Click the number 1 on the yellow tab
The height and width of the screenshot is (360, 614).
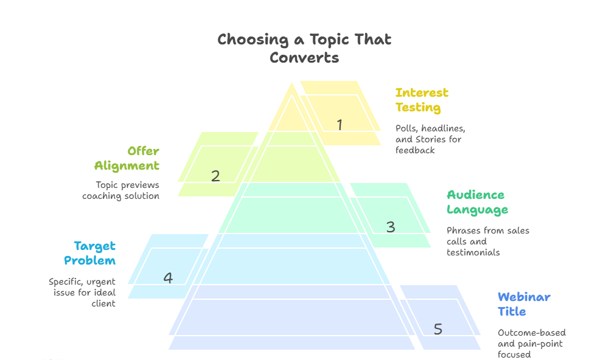tap(340, 125)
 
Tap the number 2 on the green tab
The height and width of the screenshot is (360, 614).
tap(215, 176)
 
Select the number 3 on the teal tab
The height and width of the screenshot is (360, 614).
tap(391, 227)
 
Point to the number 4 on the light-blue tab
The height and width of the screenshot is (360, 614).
tap(168, 278)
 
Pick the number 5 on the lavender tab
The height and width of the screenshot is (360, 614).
tap(438, 329)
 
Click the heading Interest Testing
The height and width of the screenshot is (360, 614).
tap(422, 100)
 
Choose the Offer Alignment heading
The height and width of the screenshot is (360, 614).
tap(127, 158)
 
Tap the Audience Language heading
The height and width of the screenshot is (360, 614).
tap(477, 202)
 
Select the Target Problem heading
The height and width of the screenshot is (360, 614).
tap(90, 254)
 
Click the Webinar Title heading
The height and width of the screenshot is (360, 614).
tap(524, 304)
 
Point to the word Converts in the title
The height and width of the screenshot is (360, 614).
tap(304, 58)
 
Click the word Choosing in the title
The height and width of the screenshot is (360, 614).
tap(253, 40)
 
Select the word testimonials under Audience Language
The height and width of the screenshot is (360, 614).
tap(473, 252)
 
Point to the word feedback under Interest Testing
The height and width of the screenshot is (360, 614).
tap(415, 150)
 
